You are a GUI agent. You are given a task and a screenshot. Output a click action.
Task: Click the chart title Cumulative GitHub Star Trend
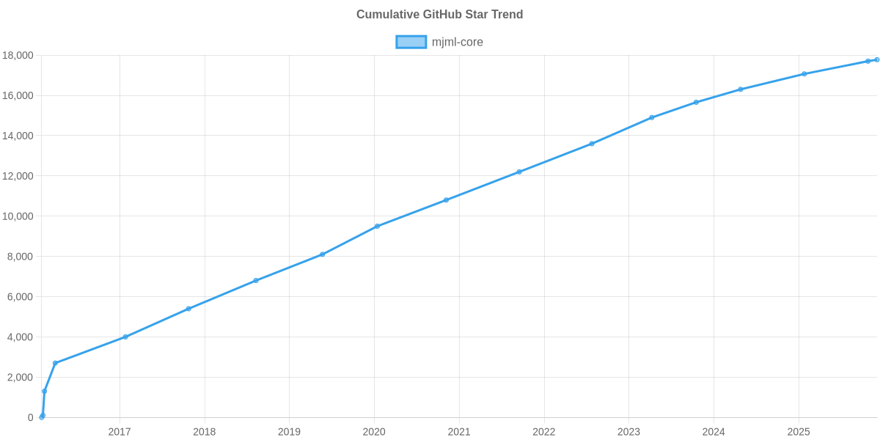439,15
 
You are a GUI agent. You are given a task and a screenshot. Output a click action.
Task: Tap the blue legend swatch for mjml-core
411,42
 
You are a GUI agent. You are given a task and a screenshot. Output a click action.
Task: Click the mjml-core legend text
457,42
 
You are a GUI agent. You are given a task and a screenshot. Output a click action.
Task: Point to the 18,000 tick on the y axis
18,56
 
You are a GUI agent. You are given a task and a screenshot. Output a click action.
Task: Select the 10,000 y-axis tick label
18,216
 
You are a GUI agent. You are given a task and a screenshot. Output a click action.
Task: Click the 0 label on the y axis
31,417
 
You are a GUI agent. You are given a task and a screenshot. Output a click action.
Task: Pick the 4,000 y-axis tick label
21,337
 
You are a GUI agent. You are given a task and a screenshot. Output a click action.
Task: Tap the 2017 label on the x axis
120,432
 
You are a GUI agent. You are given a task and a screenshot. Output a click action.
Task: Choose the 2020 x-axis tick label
374,432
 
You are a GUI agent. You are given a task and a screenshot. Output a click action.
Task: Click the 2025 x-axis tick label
799,432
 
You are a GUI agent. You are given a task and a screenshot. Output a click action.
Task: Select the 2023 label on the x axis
628,432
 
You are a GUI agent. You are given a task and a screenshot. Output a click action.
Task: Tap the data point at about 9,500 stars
378,226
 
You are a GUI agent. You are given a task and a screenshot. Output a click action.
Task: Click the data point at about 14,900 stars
652,117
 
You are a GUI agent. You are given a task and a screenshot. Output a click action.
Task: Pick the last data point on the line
877,59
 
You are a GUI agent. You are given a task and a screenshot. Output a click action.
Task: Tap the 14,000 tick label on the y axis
18,136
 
